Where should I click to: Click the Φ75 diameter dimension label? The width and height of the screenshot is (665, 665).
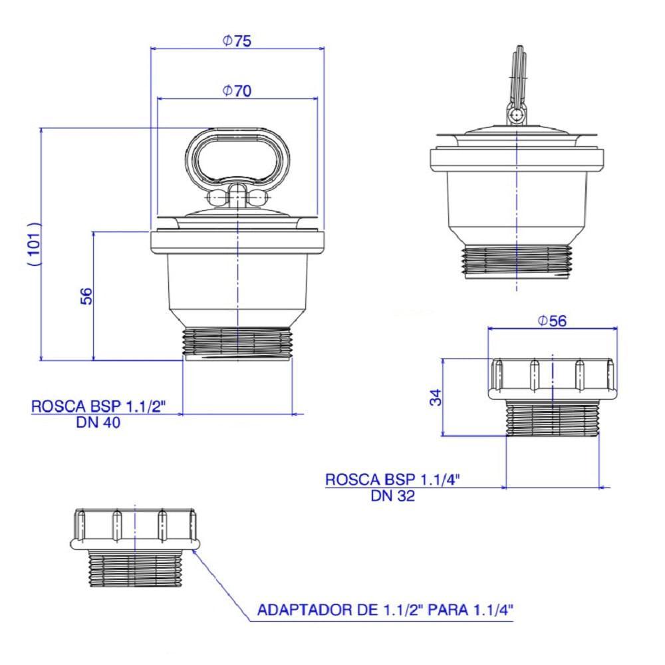(237, 41)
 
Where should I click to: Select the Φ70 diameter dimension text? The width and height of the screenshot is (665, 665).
(237, 91)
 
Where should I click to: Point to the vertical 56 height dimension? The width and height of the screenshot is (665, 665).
(86, 296)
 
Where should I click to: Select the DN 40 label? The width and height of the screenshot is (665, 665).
(98, 422)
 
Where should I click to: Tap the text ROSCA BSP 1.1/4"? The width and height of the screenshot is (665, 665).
(392, 479)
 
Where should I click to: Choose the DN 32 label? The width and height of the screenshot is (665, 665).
(392, 495)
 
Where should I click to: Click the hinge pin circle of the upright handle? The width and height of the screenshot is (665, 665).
(516, 116)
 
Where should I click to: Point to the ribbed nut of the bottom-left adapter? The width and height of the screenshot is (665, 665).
(134, 529)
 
